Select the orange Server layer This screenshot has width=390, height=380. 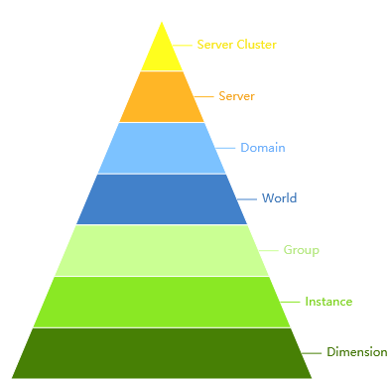(x=162, y=97)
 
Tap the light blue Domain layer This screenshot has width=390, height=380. (x=162, y=148)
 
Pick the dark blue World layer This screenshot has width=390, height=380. (x=162, y=199)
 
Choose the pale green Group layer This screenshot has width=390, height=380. (x=162, y=250)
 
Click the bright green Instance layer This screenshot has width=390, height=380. (x=162, y=302)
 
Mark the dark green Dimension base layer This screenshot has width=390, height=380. (x=162, y=353)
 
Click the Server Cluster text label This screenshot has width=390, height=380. (x=236, y=45)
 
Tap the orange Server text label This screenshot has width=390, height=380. (x=237, y=96)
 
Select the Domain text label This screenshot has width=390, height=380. (x=263, y=148)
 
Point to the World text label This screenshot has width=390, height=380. (x=279, y=198)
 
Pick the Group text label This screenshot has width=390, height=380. (x=301, y=250)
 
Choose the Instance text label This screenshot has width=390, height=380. (x=328, y=302)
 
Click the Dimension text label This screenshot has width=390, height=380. (x=356, y=352)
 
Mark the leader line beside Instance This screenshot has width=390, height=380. (x=293, y=302)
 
